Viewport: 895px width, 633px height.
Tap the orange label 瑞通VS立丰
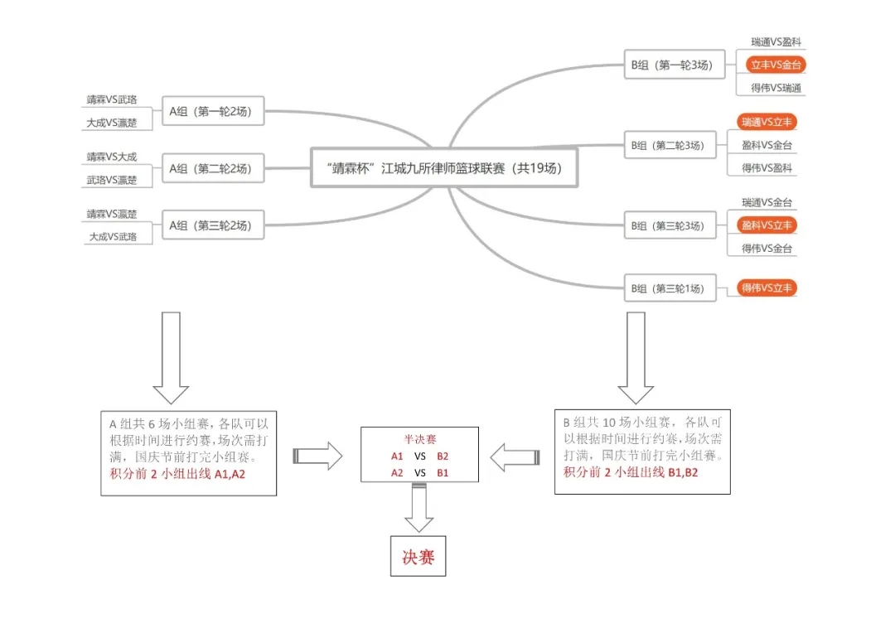pyautogui.click(x=767, y=122)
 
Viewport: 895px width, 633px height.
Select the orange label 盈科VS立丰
pyautogui.click(x=767, y=225)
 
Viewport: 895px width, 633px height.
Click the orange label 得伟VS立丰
pyautogui.click(x=767, y=288)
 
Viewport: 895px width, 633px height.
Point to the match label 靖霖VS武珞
pyautogui.click(x=112, y=99)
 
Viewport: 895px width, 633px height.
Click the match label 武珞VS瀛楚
pyautogui.click(x=112, y=180)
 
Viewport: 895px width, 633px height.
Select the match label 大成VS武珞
pyautogui.click(x=112, y=237)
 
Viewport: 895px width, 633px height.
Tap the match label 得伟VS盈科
pyautogui.click(x=767, y=168)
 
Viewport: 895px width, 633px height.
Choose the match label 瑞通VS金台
pyautogui.click(x=767, y=202)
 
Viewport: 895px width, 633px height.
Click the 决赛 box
pyautogui.click(x=418, y=557)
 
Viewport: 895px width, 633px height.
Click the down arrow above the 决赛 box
pyautogui.click(x=418, y=507)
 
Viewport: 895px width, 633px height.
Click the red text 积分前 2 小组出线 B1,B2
pyautogui.click(x=620, y=472)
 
